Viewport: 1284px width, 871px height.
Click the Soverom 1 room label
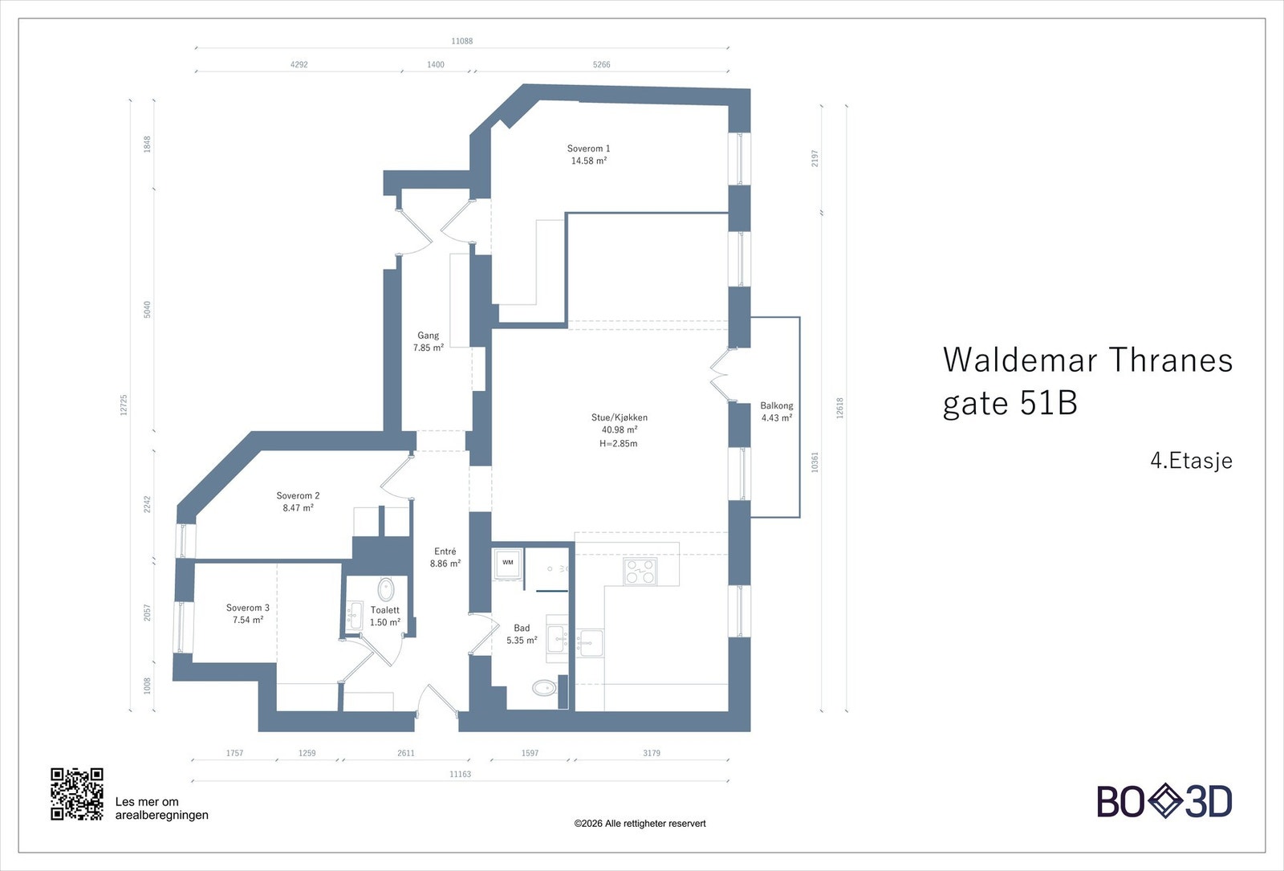[588, 149]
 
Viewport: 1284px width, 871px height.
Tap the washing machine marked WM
[508, 563]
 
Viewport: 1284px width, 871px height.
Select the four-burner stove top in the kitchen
[640, 572]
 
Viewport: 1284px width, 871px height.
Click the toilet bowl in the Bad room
[544, 687]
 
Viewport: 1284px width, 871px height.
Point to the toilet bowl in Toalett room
[386, 590]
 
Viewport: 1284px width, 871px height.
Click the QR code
[77, 794]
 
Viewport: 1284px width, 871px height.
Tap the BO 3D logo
[1164, 801]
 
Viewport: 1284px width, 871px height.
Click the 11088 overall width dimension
[461, 41]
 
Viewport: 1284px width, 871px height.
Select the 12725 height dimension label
[124, 404]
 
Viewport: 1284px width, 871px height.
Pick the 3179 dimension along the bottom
[652, 753]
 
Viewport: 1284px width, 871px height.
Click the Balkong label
[776, 406]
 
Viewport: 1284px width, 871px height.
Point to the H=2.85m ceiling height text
[619, 444]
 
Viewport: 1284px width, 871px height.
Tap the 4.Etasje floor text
[1191, 461]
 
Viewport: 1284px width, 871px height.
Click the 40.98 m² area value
[619, 430]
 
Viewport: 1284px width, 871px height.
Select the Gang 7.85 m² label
[428, 342]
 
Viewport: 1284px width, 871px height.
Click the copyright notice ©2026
[640, 824]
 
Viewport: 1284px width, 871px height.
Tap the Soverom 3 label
[247, 608]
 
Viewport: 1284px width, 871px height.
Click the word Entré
[445, 551]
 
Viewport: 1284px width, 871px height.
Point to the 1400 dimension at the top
[435, 64]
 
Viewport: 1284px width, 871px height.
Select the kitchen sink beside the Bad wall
[591, 642]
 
